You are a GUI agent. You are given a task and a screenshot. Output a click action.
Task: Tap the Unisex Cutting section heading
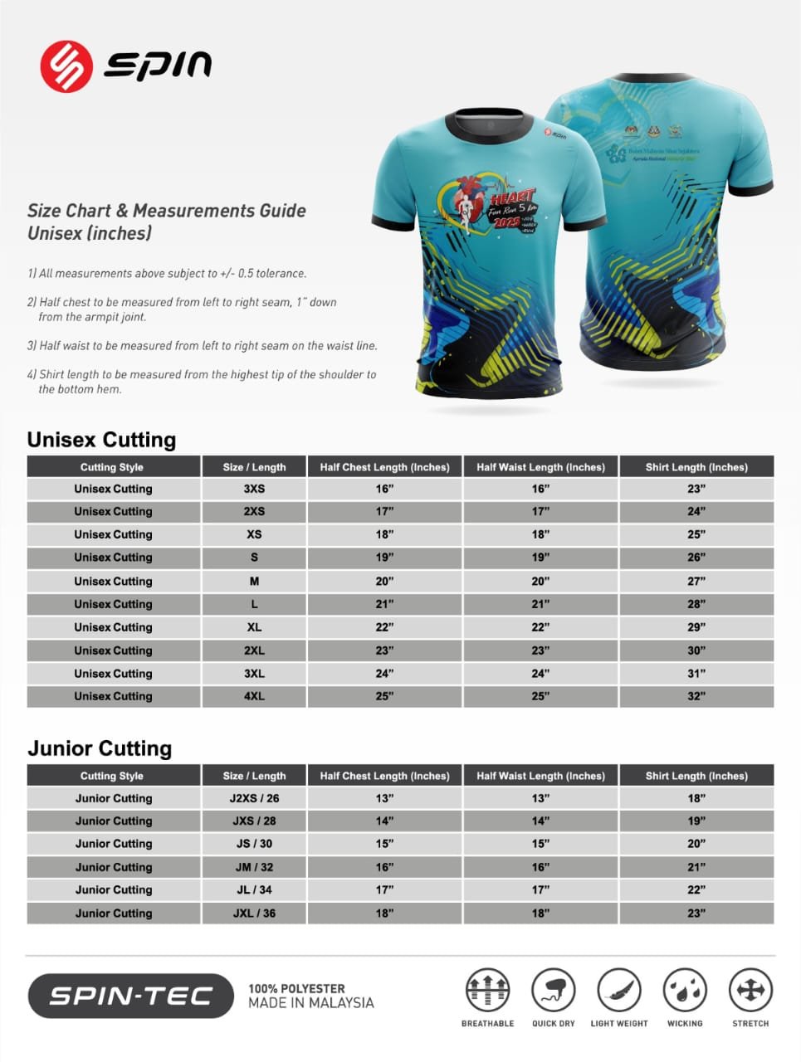pyautogui.click(x=101, y=440)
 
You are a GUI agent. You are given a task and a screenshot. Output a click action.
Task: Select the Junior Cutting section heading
pyautogui.click(x=100, y=748)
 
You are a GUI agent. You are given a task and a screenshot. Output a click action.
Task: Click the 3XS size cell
pyautogui.click(x=254, y=489)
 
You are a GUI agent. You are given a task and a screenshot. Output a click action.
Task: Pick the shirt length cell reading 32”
pyautogui.click(x=696, y=696)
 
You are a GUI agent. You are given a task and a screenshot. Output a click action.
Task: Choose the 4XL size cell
pyautogui.click(x=254, y=696)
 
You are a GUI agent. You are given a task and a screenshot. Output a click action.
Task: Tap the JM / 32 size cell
pyautogui.click(x=254, y=867)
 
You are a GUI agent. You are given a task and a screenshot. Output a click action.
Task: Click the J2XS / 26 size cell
pyautogui.click(x=254, y=798)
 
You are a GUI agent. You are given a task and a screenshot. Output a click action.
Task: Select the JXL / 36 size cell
pyautogui.click(x=254, y=913)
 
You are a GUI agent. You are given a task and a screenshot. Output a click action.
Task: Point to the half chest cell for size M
pyautogui.click(x=384, y=581)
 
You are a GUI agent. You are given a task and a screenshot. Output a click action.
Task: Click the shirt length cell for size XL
pyautogui.click(x=696, y=627)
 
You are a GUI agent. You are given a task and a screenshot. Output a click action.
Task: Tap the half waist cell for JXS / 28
pyautogui.click(x=540, y=821)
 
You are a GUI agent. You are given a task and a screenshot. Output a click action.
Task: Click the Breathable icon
pyautogui.click(x=487, y=990)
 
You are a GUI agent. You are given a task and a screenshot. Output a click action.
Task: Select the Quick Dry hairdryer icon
pyautogui.click(x=553, y=990)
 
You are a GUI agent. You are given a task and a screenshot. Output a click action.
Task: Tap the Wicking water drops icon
pyautogui.click(x=685, y=990)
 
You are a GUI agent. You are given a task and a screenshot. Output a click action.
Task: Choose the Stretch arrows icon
pyautogui.click(x=750, y=990)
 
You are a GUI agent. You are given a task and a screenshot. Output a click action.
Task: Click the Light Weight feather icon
pyautogui.click(x=619, y=990)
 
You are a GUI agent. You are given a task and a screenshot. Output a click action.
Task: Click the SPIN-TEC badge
pyautogui.click(x=131, y=996)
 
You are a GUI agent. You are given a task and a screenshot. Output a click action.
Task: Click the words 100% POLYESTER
pyautogui.click(x=296, y=989)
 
